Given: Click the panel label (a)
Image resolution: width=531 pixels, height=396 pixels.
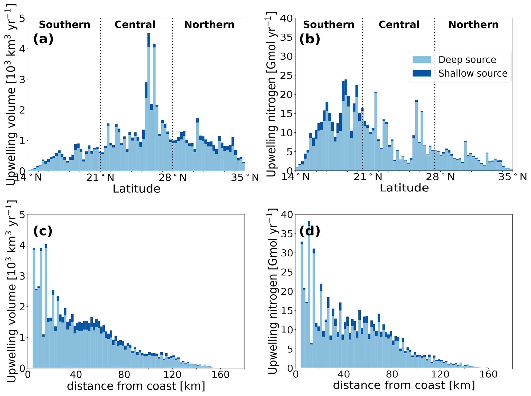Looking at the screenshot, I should (x=43, y=39).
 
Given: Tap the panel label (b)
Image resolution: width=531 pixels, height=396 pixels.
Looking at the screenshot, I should (x=310, y=39).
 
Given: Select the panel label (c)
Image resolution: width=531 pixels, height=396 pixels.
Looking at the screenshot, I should (x=43, y=231).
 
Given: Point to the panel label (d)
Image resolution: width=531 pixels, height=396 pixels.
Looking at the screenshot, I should (x=310, y=231).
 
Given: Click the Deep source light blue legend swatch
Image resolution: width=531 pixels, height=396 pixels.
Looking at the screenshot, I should (x=422, y=59).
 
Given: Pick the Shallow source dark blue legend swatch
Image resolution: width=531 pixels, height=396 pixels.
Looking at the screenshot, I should (x=422, y=73).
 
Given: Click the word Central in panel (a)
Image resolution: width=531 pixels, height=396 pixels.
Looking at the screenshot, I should (x=135, y=25).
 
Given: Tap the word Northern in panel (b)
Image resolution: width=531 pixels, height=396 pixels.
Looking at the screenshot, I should (x=473, y=25).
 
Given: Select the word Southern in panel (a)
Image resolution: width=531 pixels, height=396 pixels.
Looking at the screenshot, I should (x=64, y=25).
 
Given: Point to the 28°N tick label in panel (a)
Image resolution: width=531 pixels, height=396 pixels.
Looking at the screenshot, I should (x=172, y=177).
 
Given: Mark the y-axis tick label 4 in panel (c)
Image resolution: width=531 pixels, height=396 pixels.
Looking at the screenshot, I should (x=22, y=245).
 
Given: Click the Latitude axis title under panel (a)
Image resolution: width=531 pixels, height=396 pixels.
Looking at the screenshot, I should (x=136, y=189).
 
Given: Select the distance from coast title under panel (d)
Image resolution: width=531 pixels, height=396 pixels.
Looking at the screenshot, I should (x=404, y=385).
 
